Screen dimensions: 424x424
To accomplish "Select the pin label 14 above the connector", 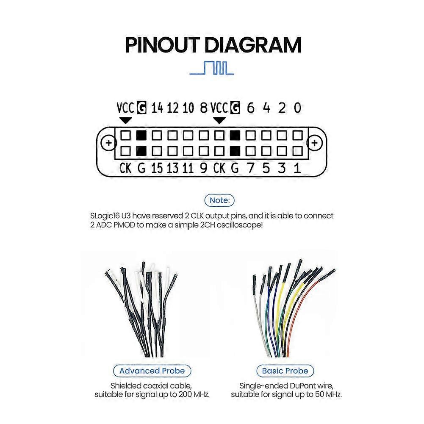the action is tap(157, 108).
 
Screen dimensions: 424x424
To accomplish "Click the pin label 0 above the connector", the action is tap(297, 108).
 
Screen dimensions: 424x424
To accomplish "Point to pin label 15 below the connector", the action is tap(157, 168).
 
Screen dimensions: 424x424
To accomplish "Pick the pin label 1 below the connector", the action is tap(297, 168).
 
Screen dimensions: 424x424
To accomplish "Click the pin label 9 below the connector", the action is tap(204, 168).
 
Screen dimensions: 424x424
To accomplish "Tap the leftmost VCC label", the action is tap(125, 108).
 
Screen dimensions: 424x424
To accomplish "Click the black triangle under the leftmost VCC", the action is tap(125, 120).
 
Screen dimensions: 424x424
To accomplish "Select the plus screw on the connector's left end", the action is tap(109, 142).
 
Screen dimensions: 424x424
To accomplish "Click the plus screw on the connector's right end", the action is tap(314, 142).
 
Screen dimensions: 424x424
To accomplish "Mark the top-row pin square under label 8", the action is tap(204, 135).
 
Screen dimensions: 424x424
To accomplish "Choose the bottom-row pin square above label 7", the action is tap(250, 151).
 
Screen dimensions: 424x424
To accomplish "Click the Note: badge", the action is tap(219, 200).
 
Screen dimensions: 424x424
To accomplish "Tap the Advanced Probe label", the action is tap(152, 371).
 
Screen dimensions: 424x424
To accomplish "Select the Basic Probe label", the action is tap(285, 371).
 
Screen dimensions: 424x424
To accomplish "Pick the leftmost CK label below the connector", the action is tap(125, 168).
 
